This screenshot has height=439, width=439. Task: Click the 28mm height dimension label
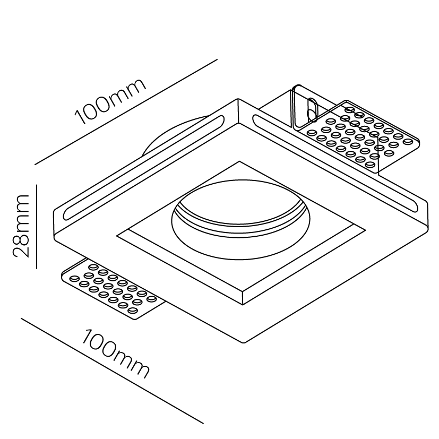tap(21, 226)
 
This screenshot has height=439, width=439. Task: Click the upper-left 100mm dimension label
tap(110, 101)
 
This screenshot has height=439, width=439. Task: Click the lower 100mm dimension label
tap(115, 354)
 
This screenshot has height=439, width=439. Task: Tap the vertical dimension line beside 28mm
tap(37, 227)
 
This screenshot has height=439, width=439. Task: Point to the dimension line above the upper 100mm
tap(126, 111)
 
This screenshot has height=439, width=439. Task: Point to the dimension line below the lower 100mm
tap(112, 371)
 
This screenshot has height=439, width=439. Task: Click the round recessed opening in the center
tap(240, 220)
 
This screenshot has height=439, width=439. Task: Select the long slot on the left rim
tap(144, 167)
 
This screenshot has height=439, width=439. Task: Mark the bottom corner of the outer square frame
tap(244, 343)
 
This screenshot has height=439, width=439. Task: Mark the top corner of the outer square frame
tap(238, 99)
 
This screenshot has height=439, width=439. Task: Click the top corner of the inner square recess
tap(239, 161)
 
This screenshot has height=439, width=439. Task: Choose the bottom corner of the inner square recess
tap(243, 305)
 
